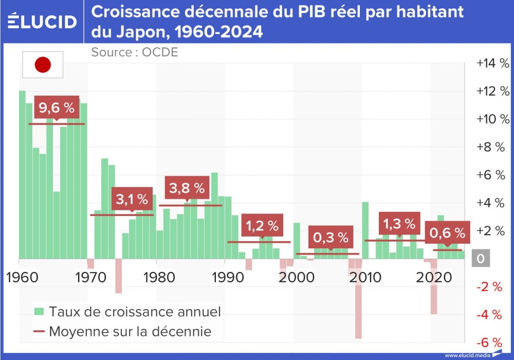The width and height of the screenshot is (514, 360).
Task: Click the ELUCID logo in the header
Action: click(x=42, y=22)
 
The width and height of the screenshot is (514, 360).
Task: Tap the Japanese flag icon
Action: click(x=43, y=65)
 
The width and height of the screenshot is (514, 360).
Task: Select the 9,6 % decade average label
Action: click(x=57, y=108)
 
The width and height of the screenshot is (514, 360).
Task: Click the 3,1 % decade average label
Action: click(x=132, y=199)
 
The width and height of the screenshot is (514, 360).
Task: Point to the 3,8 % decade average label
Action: click(x=187, y=188)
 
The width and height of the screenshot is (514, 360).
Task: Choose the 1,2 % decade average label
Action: click(x=262, y=225)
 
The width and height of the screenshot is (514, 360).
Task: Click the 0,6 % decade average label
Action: click(x=447, y=233)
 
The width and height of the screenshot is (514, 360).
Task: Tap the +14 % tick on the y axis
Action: click(x=492, y=63)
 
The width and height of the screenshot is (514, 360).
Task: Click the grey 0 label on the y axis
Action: click(x=481, y=259)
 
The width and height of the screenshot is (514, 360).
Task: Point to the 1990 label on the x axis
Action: click(x=225, y=278)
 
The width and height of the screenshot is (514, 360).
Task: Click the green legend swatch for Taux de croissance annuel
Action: click(x=39, y=311)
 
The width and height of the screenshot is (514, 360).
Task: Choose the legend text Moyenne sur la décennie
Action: click(x=130, y=331)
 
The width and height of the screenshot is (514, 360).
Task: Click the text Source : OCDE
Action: click(x=135, y=52)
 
